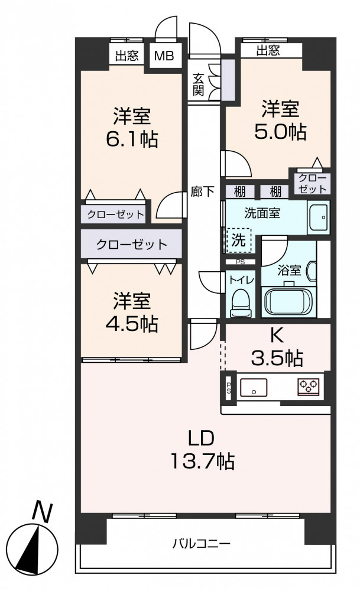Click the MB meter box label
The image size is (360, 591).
pyautogui.click(x=164, y=56)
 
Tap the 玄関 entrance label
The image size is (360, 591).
pyautogui.click(x=198, y=84)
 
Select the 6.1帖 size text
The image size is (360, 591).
pyautogui.click(x=132, y=139)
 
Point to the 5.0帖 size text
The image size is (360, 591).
pyautogui.click(x=280, y=131)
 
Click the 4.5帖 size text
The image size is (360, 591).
pyautogui.click(x=132, y=323)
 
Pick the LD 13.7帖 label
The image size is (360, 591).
pyautogui.click(x=202, y=450)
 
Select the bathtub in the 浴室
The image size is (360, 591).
pyautogui.click(x=288, y=301)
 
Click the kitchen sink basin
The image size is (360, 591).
pyautogui.click(x=254, y=388)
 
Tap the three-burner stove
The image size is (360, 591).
pyautogui.click(x=309, y=387)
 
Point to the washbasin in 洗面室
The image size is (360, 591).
pyautogui.click(x=319, y=217)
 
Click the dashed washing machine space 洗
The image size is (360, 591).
pyautogui.click(x=238, y=240)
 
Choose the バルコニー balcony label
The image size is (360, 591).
pyautogui.click(x=202, y=544)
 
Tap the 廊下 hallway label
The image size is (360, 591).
pyautogui.click(x=203, y=192)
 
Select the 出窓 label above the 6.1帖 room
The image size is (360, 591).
pyautogui.click(x=127, y=56)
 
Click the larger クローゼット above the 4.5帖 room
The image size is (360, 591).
pyautogui.click(x=132, y=245)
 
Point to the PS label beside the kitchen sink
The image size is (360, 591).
pyautogui.click(x=228, y=388)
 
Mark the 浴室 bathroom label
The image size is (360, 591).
pyautogui.click(x=289, y=271)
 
